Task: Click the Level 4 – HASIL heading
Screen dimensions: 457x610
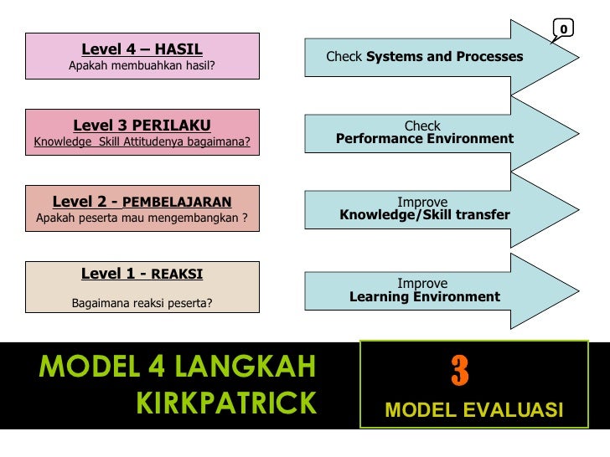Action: [142, 49]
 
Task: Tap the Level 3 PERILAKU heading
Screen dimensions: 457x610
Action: [142, 126]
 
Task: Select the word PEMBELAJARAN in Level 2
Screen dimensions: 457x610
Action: [177, 203]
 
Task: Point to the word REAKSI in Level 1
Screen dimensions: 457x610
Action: [177, 274]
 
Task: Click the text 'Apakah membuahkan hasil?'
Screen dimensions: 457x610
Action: [142, 65]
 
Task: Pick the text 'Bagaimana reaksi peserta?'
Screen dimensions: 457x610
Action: [142, 302]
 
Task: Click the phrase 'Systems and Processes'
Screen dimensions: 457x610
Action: [444, 57]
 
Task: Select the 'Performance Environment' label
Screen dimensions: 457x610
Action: [425, 139]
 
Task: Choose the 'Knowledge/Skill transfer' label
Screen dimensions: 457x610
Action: [425, 215]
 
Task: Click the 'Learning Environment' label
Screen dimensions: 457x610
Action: [425, 296]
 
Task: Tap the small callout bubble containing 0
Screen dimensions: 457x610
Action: [563, 29]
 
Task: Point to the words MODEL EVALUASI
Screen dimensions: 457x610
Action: [473, 410]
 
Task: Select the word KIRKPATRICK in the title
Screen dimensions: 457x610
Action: [226, 403]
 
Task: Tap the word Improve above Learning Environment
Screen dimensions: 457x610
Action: [422, 283]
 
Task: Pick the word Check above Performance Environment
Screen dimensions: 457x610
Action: [422, 126]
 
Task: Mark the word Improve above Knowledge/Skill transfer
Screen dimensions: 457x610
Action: [422, 202]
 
